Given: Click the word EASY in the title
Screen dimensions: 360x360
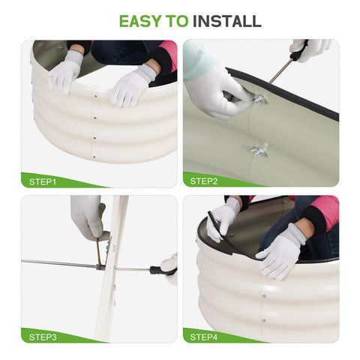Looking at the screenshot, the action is coord(140,21).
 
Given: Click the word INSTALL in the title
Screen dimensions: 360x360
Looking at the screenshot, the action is coord(227,21).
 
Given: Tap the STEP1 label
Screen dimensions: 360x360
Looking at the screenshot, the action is coord(43,181).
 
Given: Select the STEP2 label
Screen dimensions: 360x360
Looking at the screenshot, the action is coord(204,181).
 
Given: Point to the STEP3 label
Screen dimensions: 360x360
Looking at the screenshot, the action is coord(43,337).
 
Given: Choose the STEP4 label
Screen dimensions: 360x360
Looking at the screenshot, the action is coord(204,337).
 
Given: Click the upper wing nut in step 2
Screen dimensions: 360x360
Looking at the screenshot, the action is coord(259,100).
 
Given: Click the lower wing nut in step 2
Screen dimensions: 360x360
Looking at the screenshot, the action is coord(259,149).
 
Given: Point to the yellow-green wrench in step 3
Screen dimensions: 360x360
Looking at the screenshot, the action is coord(99,253).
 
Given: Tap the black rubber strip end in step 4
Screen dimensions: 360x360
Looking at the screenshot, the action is coord(211,217).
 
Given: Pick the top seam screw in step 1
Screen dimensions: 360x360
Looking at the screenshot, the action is coord(95,95).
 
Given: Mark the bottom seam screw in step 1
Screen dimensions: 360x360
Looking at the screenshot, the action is coord(94,157).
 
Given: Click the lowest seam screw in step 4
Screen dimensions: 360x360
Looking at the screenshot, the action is coord(263,320).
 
